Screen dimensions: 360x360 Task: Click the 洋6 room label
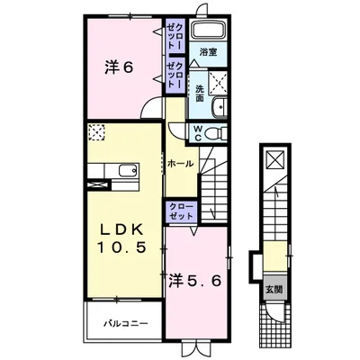click(119, 67)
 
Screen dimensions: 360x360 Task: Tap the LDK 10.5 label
click(121, 238)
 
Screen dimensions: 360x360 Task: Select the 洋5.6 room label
click(195, 281)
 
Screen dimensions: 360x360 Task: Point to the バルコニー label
click(126, 324)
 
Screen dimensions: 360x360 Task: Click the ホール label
click(180, 164)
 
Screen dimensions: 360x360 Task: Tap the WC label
click(198, 133)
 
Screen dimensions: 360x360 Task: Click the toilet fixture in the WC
click(217, 133)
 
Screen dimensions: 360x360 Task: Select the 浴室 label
click(208, 52)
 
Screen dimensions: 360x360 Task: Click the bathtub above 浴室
click(208, 30)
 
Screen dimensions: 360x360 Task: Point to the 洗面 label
click(200, 94)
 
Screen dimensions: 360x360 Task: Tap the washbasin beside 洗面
click(220, 106)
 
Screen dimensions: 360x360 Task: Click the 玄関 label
click(274, 290)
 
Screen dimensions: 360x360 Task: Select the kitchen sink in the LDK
click(129, 171)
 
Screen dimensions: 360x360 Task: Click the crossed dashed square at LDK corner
click(96, 132)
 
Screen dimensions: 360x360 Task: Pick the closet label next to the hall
click(181, 211)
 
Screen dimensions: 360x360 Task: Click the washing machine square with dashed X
click(218, 80)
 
